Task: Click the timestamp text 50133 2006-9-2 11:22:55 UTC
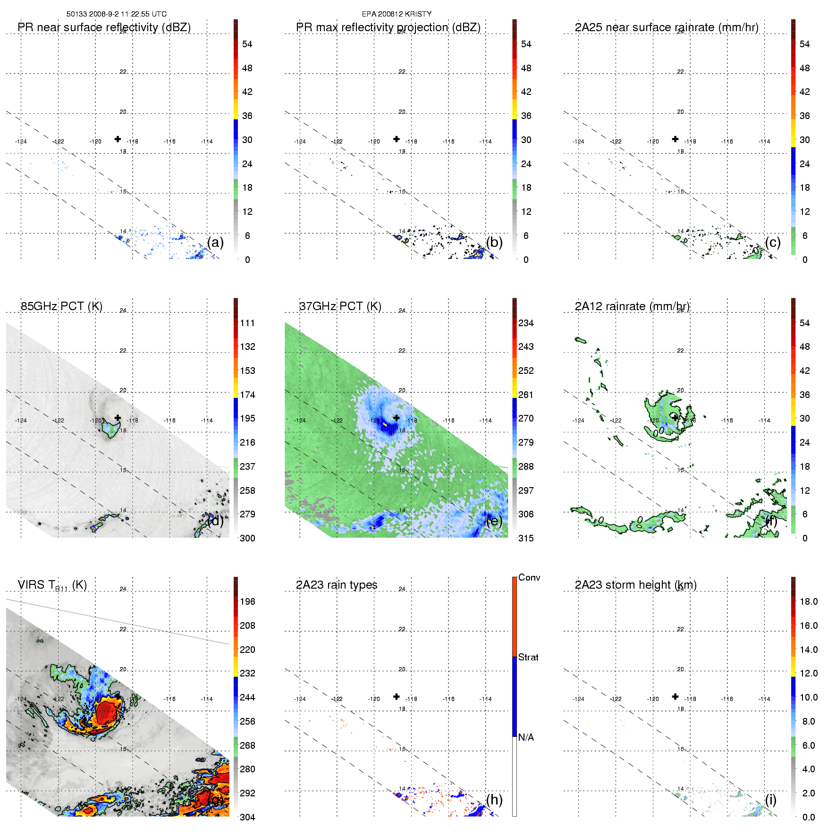point(116,14)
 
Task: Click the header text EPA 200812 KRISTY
point(397,14)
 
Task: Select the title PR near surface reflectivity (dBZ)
point(104,27)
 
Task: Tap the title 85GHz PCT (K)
point(61,306)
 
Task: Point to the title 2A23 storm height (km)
point(635,585)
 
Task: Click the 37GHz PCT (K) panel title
point(340,306)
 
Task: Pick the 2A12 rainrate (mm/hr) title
point(632,306)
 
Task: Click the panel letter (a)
point(215,243)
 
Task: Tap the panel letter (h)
point(494,800)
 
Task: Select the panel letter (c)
point(773,243)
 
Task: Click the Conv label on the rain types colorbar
point(529,577)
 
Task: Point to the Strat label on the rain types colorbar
point(528,657)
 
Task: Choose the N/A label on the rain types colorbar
point(526,737)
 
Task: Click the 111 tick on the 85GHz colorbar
point(247,323)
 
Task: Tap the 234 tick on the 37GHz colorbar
point(526,323)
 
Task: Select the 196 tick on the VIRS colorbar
point(247,601)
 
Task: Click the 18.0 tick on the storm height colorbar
point(809,601)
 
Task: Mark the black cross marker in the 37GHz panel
point(397,418)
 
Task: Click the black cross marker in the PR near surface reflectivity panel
point(118,139)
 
